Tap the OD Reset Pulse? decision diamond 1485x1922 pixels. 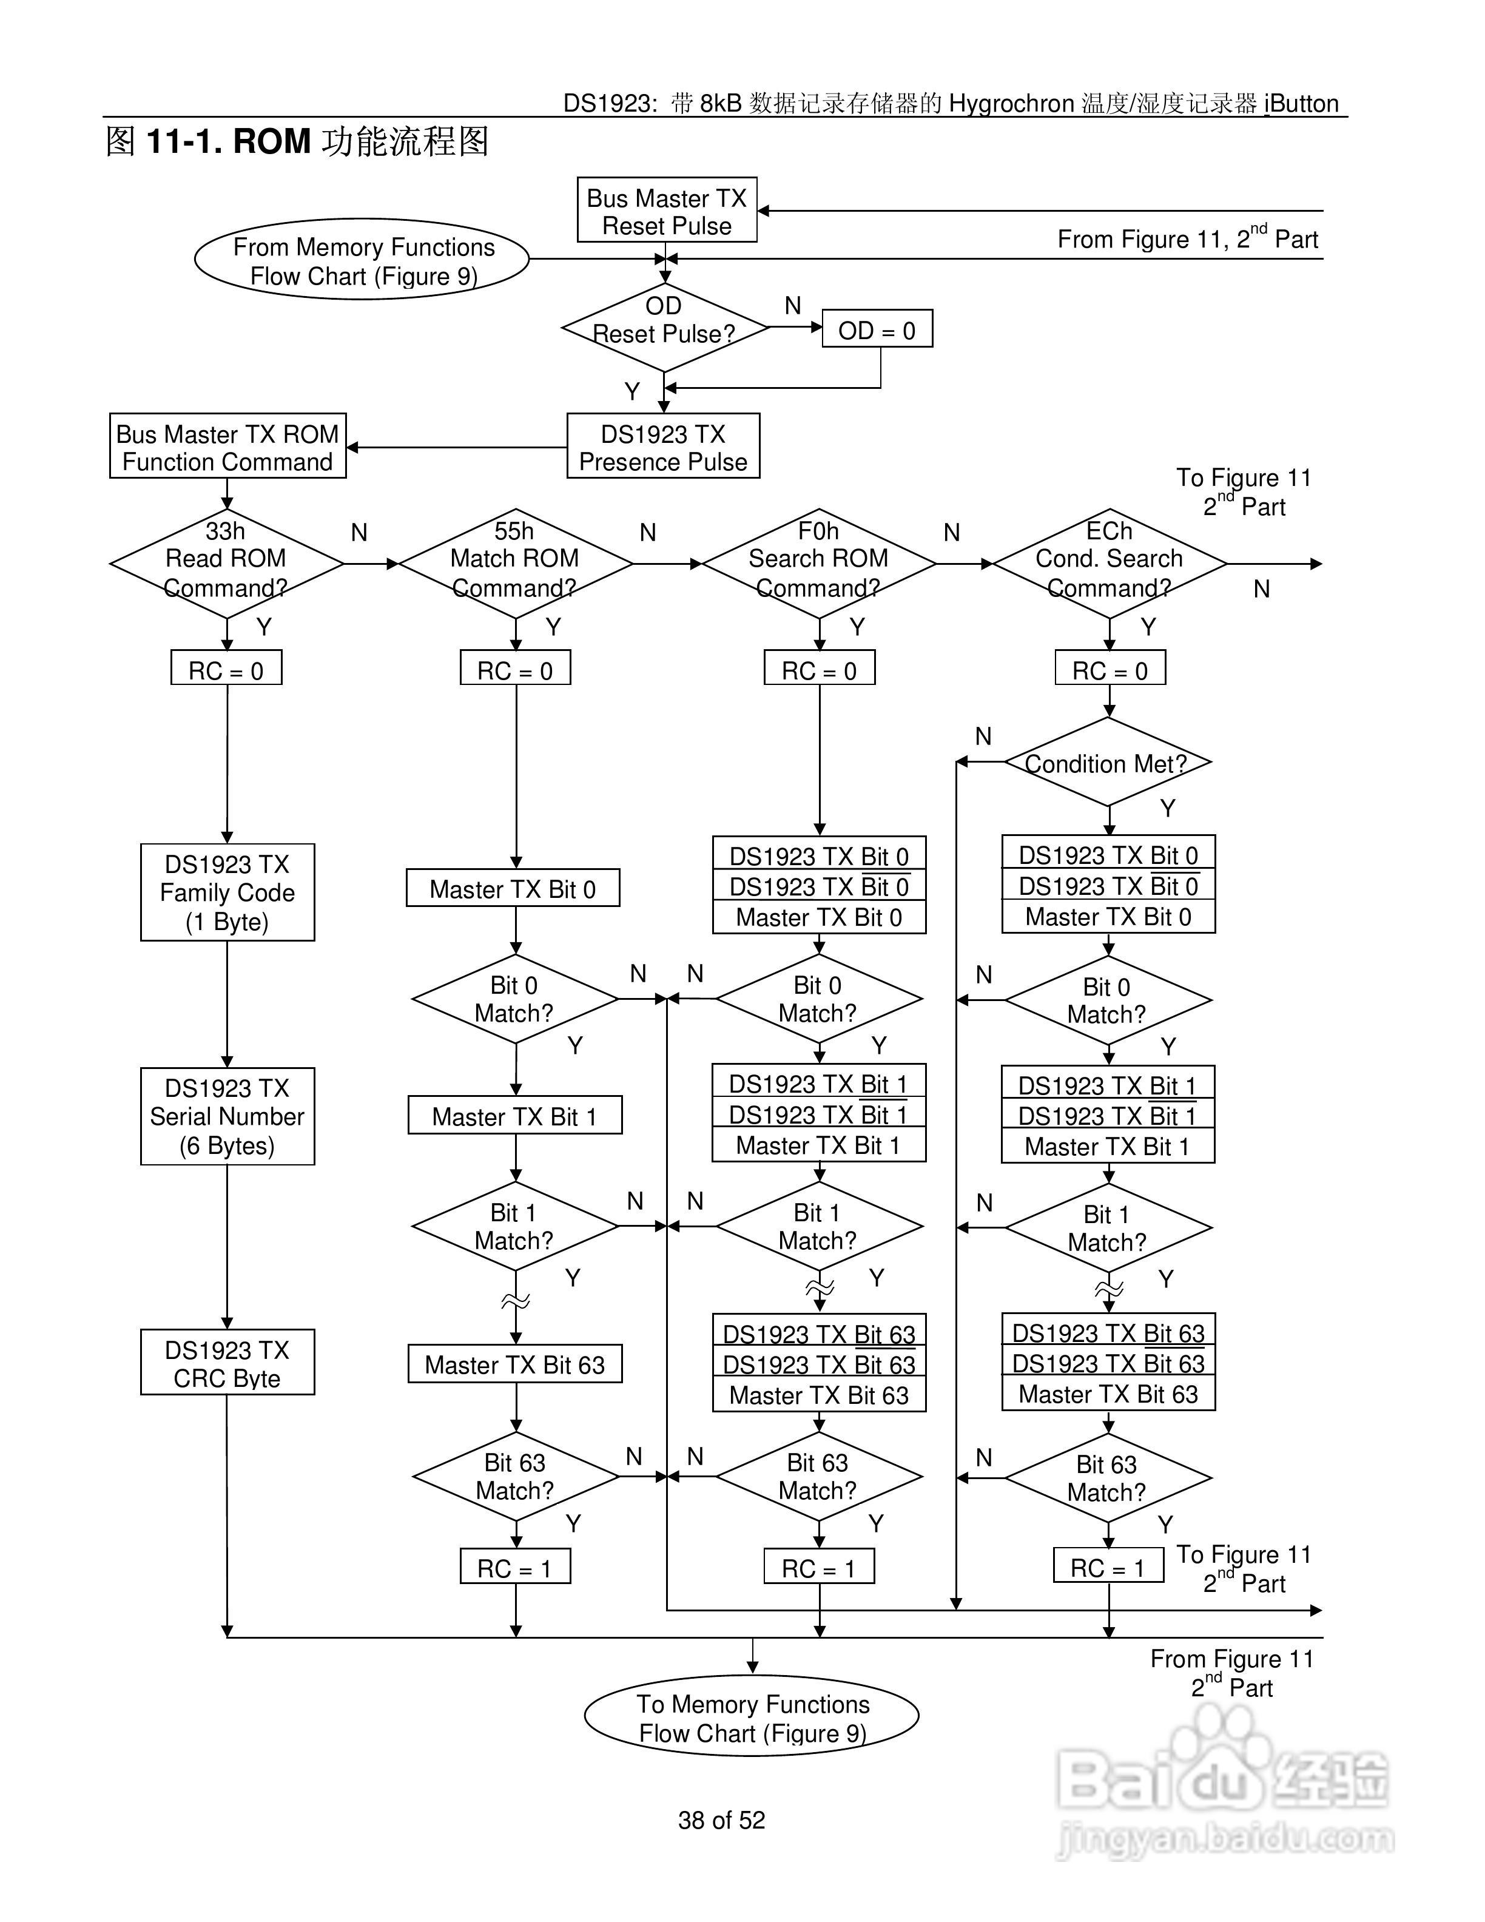665,328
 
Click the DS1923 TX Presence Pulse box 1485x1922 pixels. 663,446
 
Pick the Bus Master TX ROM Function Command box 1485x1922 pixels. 228,446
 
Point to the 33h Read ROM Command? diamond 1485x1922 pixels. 227,563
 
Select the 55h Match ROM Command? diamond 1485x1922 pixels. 516,563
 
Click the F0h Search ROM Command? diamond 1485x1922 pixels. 819,563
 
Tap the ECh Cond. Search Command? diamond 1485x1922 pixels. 1110,563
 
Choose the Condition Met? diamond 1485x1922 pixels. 1108,762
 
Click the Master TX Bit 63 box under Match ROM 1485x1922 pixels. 516,1363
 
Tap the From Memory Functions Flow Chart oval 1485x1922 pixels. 362,260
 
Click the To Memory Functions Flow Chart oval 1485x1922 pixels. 752,1716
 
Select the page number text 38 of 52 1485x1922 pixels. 721,1820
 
